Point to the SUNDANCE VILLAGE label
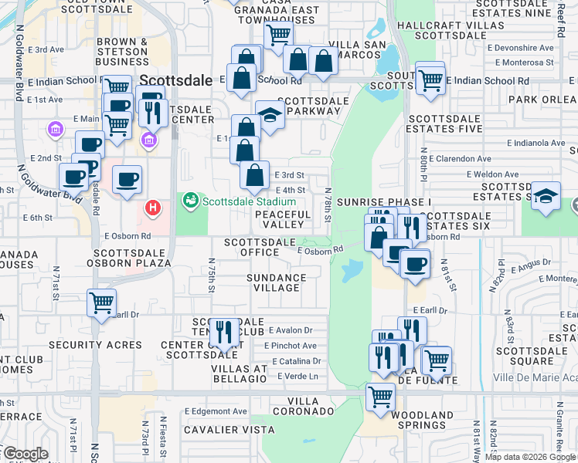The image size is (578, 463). point(277,282)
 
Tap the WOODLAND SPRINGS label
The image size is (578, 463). point(421,420)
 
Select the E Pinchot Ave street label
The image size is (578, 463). point(291,346)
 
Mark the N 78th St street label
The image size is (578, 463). point(328,203)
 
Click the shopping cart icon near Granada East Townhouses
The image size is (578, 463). point(277,34)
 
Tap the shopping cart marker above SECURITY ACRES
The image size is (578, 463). point(102,302)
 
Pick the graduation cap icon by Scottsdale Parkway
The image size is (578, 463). point(270,114)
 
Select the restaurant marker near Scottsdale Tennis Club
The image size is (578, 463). point(224,331)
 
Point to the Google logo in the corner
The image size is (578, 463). point(25,453)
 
